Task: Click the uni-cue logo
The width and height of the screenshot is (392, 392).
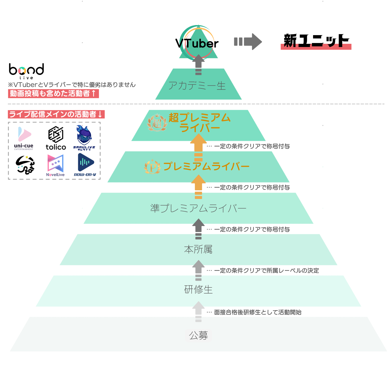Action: [x=24, y=138]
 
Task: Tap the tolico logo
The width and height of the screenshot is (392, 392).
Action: [x=56, y=138]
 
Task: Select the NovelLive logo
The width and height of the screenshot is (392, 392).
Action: [x=55, y=165]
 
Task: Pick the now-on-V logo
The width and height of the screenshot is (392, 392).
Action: [x=85, y=165]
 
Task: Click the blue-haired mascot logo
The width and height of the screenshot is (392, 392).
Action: [x=84, y=137]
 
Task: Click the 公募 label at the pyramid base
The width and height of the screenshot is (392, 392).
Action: [x=199, y=336]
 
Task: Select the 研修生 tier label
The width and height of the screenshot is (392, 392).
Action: [x=199, y=290]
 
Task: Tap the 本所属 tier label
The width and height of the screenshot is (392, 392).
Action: [x=198, y=249]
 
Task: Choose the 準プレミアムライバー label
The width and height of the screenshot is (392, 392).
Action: [x=198, y=208]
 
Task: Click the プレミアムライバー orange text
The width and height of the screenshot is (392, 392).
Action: [x=206, y=166]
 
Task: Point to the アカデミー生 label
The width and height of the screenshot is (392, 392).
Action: [x=197, y=86]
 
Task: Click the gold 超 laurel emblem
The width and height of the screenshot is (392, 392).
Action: [x=157, y=122]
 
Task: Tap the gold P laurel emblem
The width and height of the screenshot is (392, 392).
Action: [x=153, y=167]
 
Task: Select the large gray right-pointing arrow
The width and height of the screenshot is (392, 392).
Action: [x=248, y=42]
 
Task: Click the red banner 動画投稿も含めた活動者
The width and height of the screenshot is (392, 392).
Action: [x=53, y=93]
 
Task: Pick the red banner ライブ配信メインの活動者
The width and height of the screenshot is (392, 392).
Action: [x=56, y=114]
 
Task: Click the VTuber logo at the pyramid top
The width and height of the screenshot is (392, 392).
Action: [x=197, y=42]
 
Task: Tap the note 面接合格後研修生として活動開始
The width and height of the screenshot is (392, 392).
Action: [x=257, y=312]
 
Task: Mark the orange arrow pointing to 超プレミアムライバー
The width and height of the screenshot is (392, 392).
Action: [x=198, y=147]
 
